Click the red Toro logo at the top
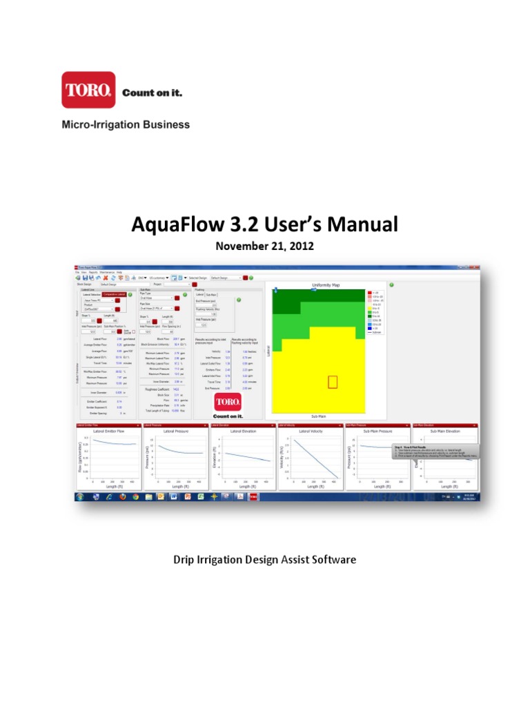[88, 90]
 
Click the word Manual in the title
[365, 225]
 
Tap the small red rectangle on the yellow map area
[333, 382]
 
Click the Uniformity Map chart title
[317, 284]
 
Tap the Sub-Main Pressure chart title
[376, 431]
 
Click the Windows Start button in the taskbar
[80, 496]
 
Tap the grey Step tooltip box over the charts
[435, 452]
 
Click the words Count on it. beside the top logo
[152, 93]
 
